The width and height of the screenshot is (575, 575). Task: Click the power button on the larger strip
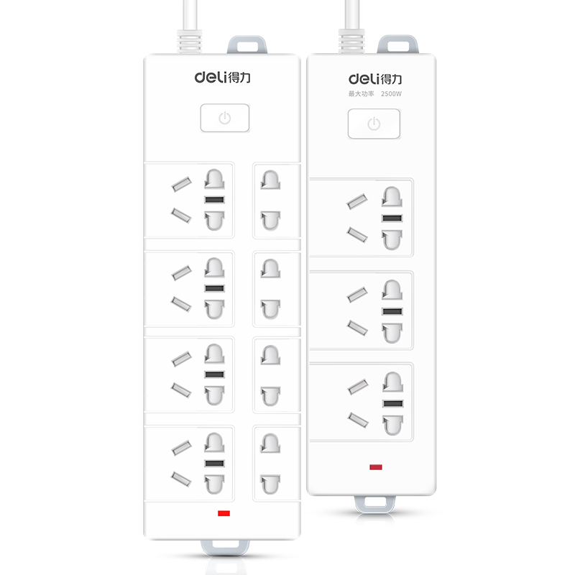point(225,118)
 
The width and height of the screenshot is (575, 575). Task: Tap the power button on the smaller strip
point(374,124)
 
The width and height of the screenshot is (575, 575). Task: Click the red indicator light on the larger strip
point(224,513)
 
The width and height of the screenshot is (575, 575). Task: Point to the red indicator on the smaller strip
point(376,466)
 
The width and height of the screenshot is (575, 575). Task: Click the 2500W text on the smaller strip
point(391,94)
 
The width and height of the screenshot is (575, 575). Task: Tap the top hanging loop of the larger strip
point(247,45)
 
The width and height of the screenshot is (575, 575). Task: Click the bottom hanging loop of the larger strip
point(225,547)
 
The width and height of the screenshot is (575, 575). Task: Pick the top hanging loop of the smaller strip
point(398,44)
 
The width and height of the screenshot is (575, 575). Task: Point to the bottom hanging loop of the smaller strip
point(375,505)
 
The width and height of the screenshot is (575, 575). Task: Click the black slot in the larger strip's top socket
point(214,200)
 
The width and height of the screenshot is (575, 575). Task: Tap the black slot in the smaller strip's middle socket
point(392,311)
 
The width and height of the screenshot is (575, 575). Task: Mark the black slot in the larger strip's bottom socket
point(214,463)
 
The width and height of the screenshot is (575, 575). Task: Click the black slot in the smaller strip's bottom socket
point(392,403)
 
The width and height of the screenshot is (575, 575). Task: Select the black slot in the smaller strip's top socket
point(392,218)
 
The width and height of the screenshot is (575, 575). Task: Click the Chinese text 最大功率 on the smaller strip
point(362,94)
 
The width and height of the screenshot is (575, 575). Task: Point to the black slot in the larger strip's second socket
point(214,288)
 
